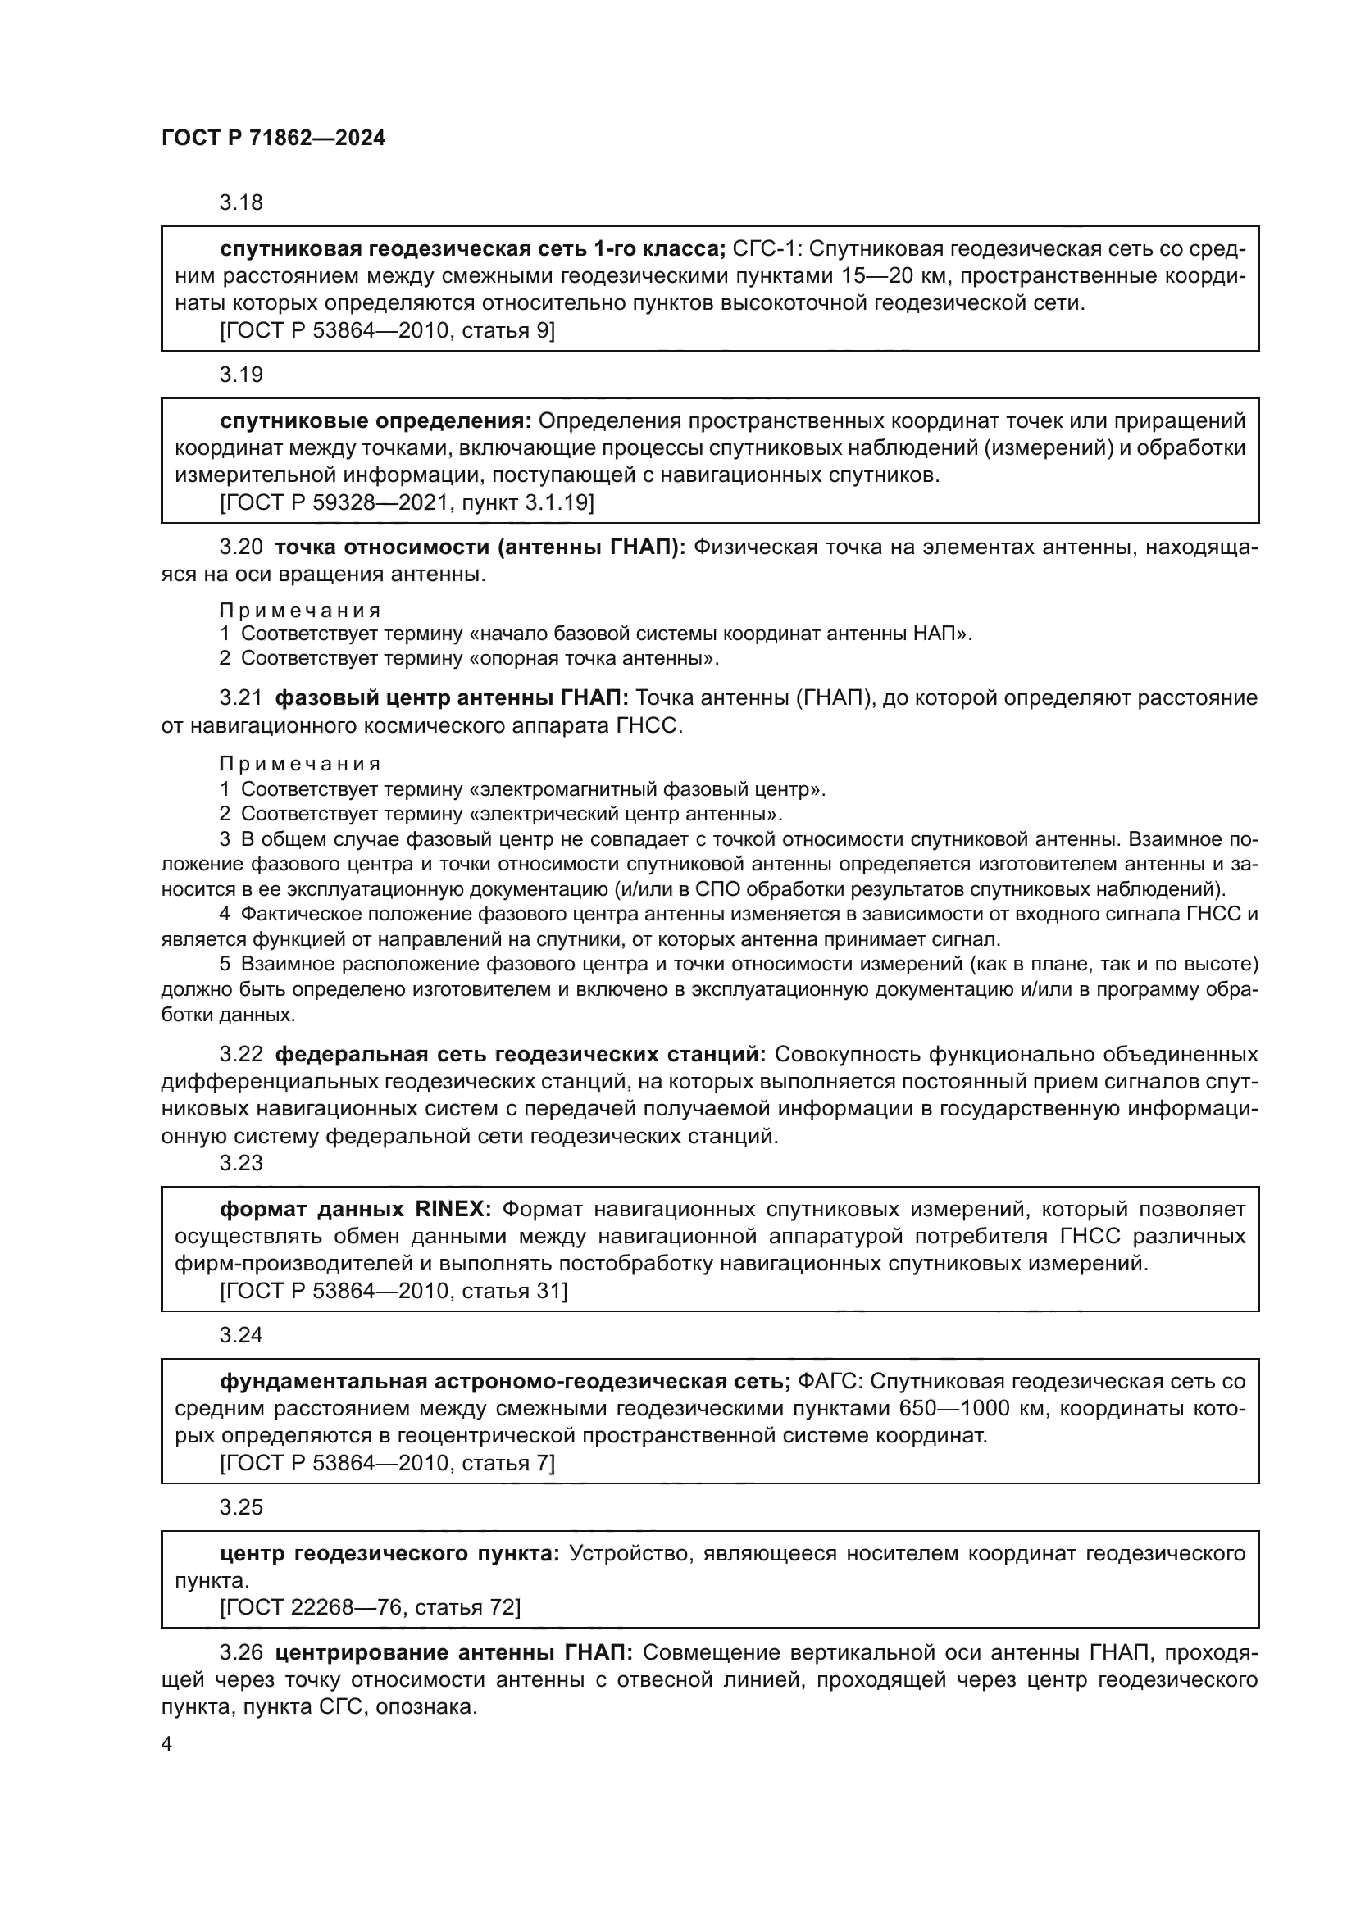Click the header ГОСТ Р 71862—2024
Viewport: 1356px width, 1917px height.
[273, 139]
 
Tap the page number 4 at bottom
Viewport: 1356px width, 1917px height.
[167, 1744]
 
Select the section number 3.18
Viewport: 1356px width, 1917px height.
[241, 202]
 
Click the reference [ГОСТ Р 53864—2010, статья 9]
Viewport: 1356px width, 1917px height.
[388, 330]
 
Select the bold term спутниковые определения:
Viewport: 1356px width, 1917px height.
[375, 420]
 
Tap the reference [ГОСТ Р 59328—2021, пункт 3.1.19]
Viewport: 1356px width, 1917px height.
[407, 502]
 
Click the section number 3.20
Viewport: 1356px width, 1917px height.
[241, 547]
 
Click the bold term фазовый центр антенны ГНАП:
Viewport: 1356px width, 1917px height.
[452, 697]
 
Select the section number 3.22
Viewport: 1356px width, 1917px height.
[241, 1055]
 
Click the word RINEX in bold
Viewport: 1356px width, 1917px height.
[453, 1209]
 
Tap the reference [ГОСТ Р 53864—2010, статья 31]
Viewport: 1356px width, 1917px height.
[394, 1291]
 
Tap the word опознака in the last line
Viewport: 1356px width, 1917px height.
[425, 1706]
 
